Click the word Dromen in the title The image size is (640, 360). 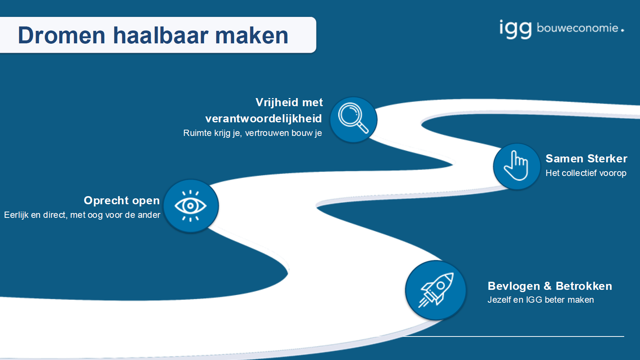coord(61,35)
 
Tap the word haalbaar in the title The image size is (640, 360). coord(160,35)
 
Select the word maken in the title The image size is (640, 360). coord(252,35)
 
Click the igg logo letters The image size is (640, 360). coord(515,29)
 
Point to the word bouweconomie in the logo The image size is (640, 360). coord(578,28)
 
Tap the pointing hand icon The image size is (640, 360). coord(516,166)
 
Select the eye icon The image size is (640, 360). coord(190,206)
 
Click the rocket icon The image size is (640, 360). coord(436,290)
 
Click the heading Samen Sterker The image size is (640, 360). coord(586,158)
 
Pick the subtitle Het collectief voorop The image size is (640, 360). coord(586,173)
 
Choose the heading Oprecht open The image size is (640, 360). coord(122,201)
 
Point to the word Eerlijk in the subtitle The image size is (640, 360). coord(16,215)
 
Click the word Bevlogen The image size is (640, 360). coord(514,286)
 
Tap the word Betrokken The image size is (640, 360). coord(584,286)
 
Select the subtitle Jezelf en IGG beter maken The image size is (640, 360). coord(541,300)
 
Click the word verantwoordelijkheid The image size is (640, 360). coord(264,119)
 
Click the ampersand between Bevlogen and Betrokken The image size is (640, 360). coord(548,286)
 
